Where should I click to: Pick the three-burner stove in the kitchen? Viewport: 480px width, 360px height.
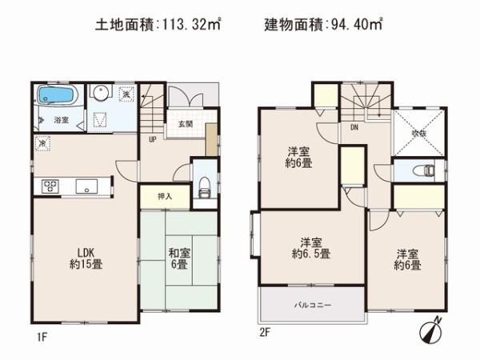[x=50, y=187]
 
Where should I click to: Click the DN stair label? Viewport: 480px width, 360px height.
[x=353, y=126]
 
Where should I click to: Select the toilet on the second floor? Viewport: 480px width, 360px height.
[x=422, y=170]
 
